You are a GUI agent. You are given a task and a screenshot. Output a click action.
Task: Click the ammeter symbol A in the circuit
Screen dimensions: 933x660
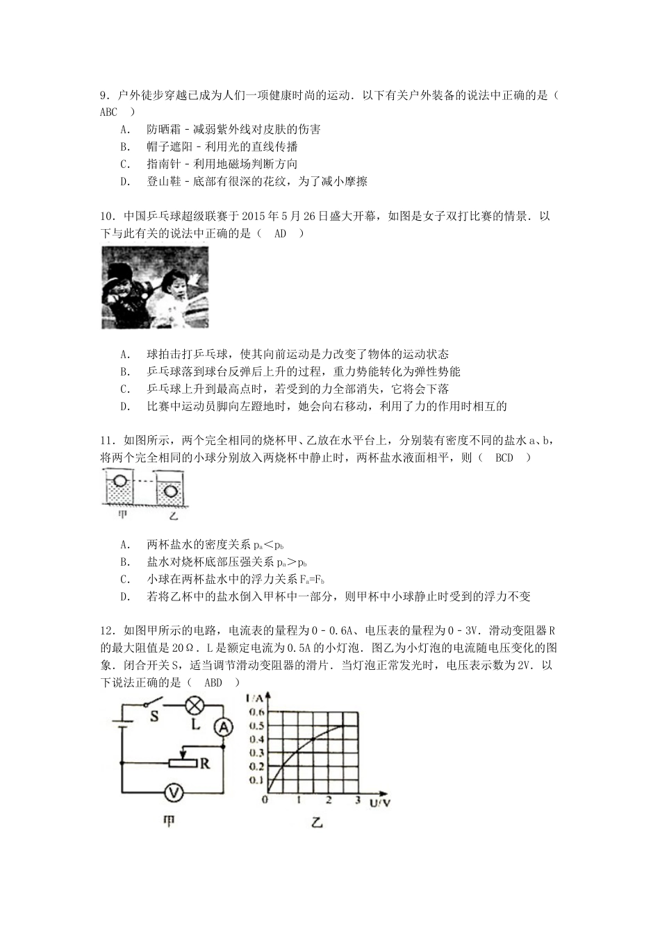pyautogui.click(x=223, y=726)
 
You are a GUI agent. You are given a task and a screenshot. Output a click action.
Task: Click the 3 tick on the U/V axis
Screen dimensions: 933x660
pyautogui.click(x=358, y=800)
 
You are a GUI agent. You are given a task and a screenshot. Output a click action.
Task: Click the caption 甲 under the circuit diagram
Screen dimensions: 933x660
pyautogui.click(x=169, y=822)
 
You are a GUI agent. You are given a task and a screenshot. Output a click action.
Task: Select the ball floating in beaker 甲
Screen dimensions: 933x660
pyautogui.click(x=120, y=480)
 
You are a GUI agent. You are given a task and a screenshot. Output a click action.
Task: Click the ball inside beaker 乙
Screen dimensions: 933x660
pyautogui.click(x=172, y=490)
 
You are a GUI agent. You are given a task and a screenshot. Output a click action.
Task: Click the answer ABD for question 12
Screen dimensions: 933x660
pyautogui.click(x=213, y=682)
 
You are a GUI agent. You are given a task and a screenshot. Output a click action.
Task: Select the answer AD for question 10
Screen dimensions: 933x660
pyautogui.click(x=280, y=233)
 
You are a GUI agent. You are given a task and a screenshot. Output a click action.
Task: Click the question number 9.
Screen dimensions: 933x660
pyautogui.click(x=105, y=95)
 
